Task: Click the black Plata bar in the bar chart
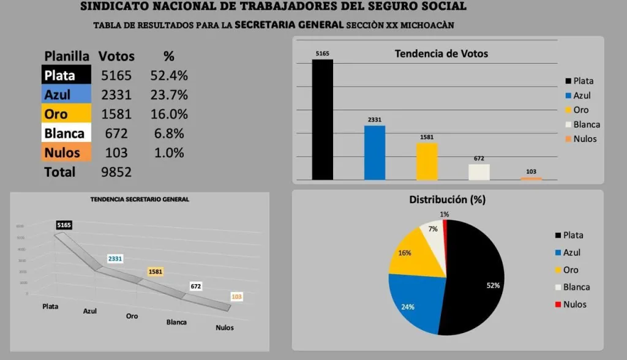point(323,119)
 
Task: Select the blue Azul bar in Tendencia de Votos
point(375,152)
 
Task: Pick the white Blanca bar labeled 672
point(479,172)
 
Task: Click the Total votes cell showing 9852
point(116,172)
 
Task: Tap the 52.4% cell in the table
point(169,76)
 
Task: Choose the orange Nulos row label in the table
point(67,152)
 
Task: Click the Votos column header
point(116,56)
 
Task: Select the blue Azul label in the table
point(67,95)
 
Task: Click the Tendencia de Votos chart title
point(441,54)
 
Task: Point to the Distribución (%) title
point(447,200)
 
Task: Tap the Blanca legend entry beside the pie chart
point(576,287)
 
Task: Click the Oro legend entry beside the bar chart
point(580,110)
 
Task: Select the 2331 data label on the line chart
point(115,259)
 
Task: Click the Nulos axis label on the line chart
point(225,328)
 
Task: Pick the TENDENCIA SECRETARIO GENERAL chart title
point(140,200)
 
